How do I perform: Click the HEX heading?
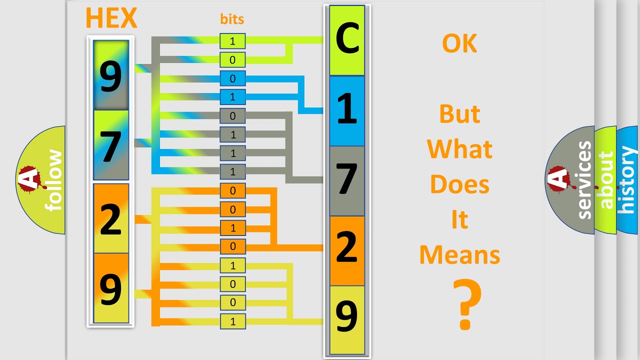pyautogui.click(x=111, y=18)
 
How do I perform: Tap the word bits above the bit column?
pyautogui.click(x=232, y=19)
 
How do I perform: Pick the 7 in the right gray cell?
pyautogui.click(x=347, y=179)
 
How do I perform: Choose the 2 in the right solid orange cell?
pyautogui.click(x=347, y=246)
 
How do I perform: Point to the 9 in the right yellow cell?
pyautogui.click(x=346, y=316)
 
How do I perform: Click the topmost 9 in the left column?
pyautogui.click(x=111, y=76)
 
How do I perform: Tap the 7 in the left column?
pyautogui.click(x=111, y=147)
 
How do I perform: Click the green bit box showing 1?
pyautogui.click(x=232, y=41)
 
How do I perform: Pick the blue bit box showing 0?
pyautogui.click(x=232, y=78)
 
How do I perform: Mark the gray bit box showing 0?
pyautogui.click(x=232, y=115)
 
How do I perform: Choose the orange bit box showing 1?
pyautogui.click(x=232, y=228)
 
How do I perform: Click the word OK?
pyautogui.click(x=459, y=43)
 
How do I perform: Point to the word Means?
pyautogui.click(x=459, y=255)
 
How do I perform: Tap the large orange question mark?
pyautogui.click(x=467, y=304)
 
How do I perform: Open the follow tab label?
pyautogui.click(x=53, y=180)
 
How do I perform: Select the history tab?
pyautogui.click(x=627, y=180)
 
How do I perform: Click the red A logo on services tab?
pyautogui.click(x=557, y=179)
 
